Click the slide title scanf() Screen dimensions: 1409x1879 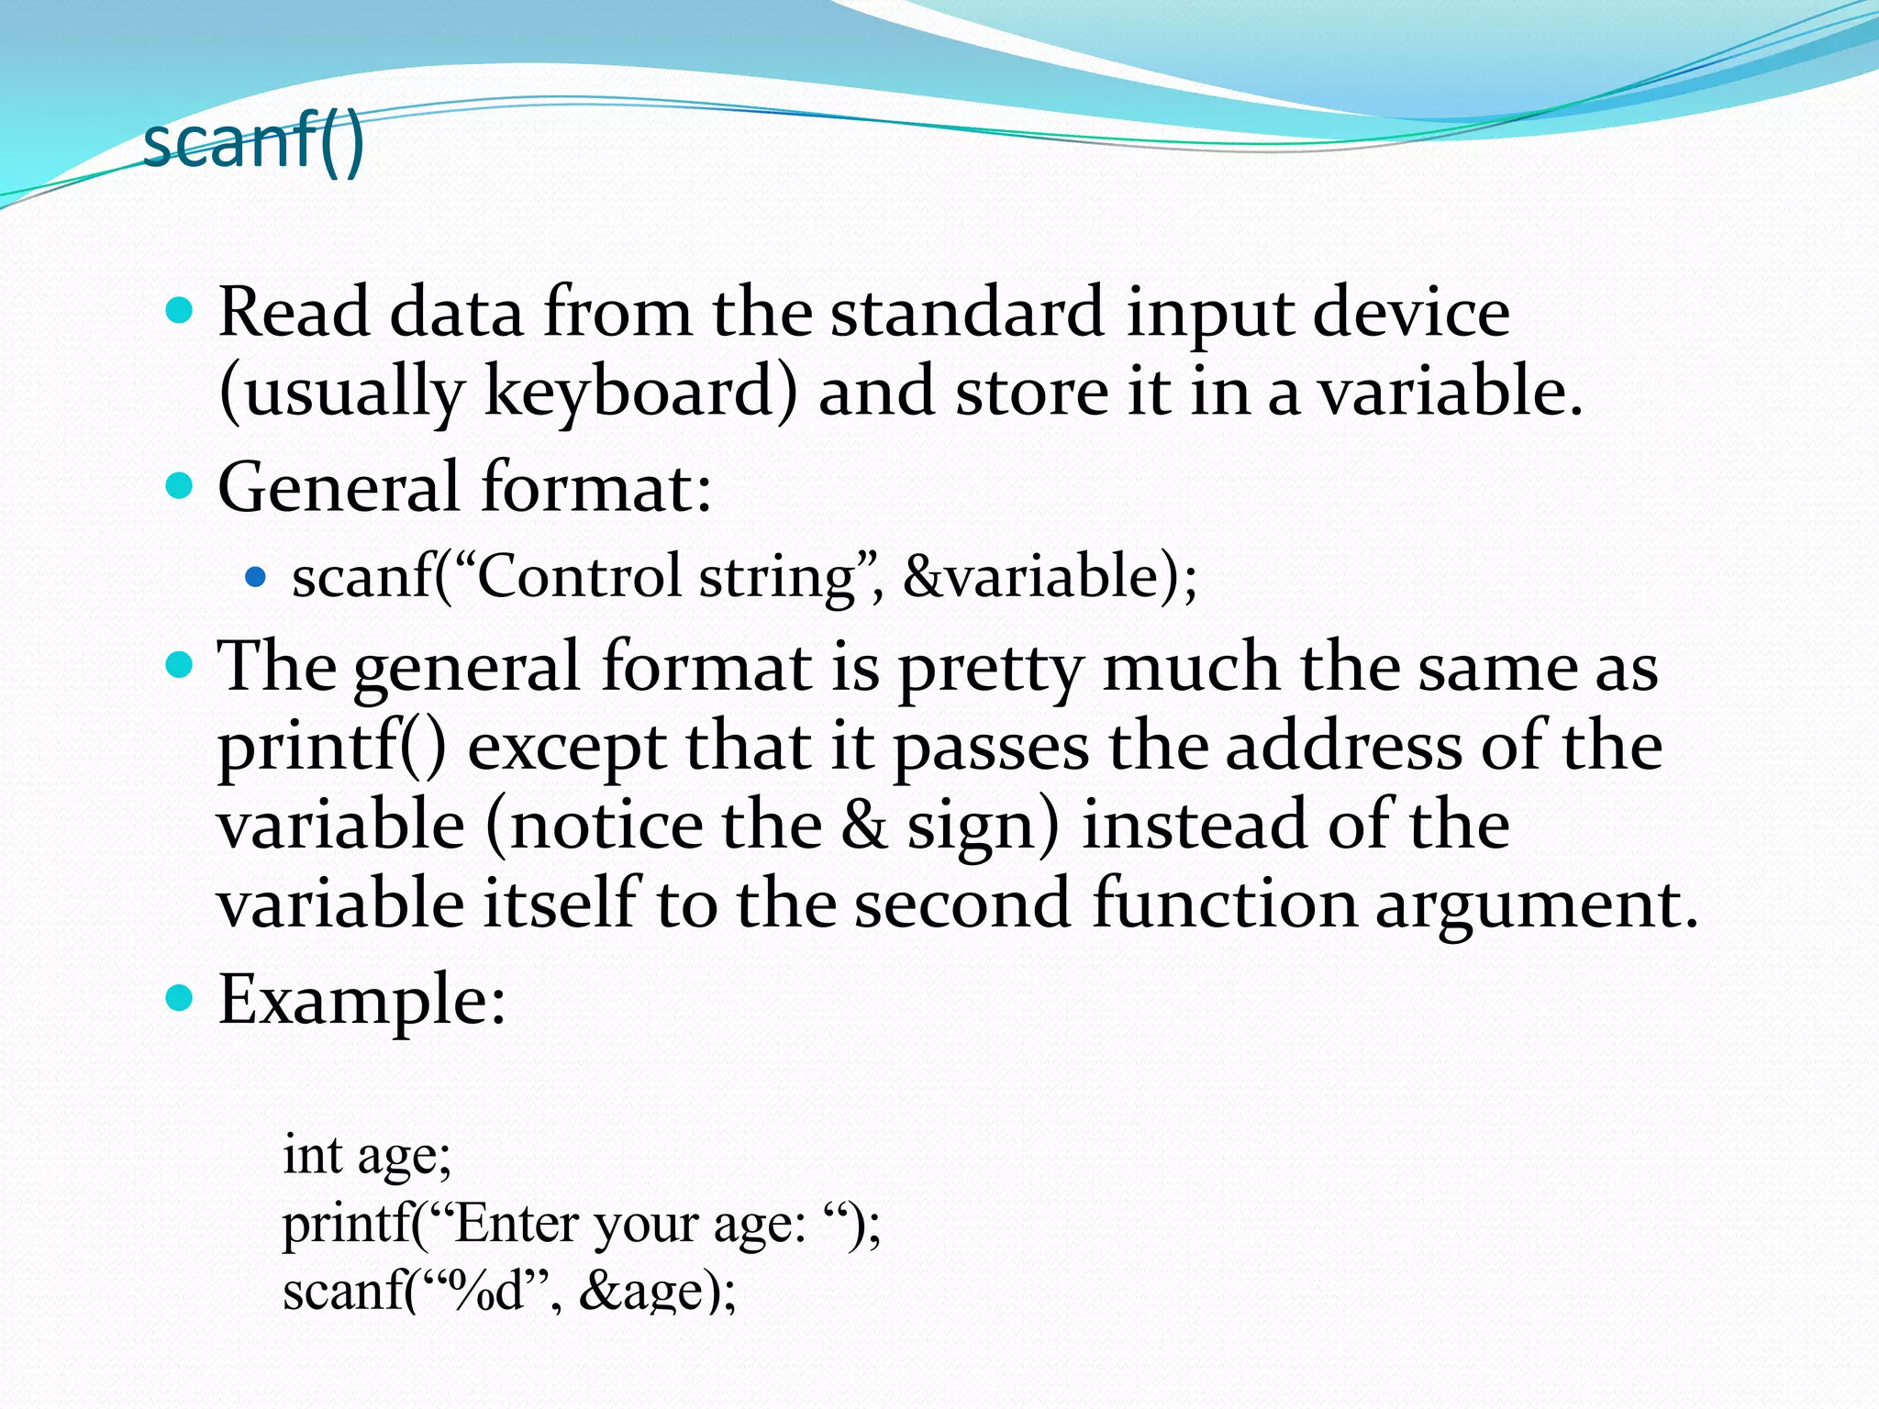(x=254, y=142)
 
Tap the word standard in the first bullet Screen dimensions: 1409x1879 (x=966, y=313)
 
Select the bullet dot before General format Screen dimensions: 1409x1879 (x=180, y=485)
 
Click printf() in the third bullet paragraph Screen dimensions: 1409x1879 (x=332, y=746)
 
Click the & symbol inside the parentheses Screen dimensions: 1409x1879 (x=864, y=825)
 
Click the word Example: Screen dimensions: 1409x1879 (x=361, y=1000)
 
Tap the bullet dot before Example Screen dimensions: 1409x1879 (x=180, y=998)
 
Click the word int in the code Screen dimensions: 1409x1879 (x=312, y=1155)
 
